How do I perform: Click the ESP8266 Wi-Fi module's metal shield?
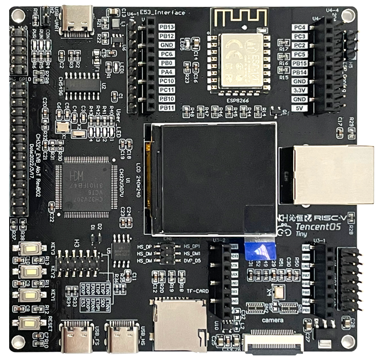coord(242,59)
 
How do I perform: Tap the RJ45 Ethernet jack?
coord(329,174)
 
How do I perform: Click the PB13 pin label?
coord(167,27)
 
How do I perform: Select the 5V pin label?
coord(299,108)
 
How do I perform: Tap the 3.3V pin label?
coord(299,90)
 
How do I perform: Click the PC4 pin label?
coord(299,27)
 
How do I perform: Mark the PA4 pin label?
coord(167,72)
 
